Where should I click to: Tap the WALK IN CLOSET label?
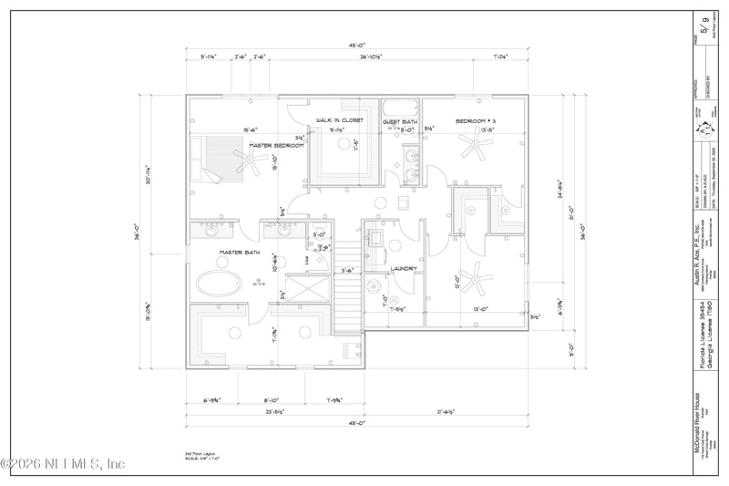point(340,120)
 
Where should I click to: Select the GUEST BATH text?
point(400,121)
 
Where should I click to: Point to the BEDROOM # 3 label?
point(475,120)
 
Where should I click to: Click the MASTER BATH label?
point(240,253)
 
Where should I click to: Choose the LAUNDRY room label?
point(404,269)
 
